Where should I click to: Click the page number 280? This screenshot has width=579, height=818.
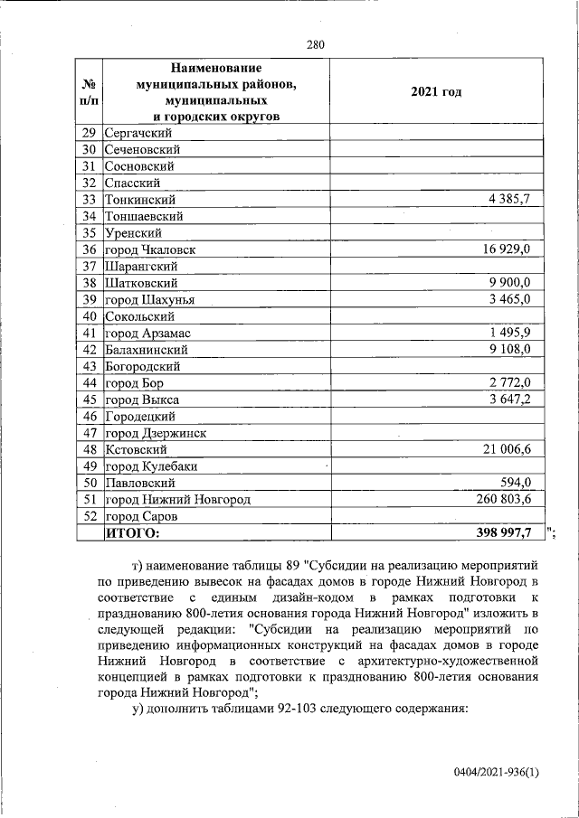[x=315, y=44]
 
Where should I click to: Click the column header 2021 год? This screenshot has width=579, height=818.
[x=436, y=91]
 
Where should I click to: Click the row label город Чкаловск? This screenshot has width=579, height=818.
[x=151, y=249]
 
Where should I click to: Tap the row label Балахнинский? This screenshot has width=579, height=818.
[x=147, y=350]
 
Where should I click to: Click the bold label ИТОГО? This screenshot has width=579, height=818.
[x=132, y=533]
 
